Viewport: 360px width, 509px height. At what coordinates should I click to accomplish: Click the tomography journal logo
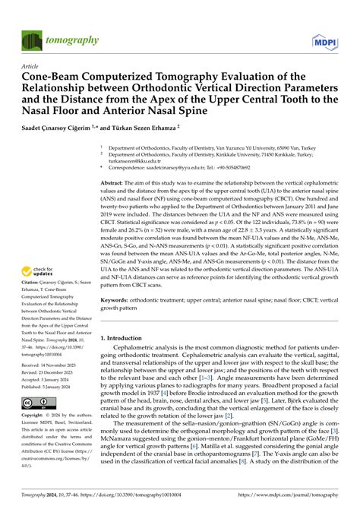pyautogui.click(x=54, y=39)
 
